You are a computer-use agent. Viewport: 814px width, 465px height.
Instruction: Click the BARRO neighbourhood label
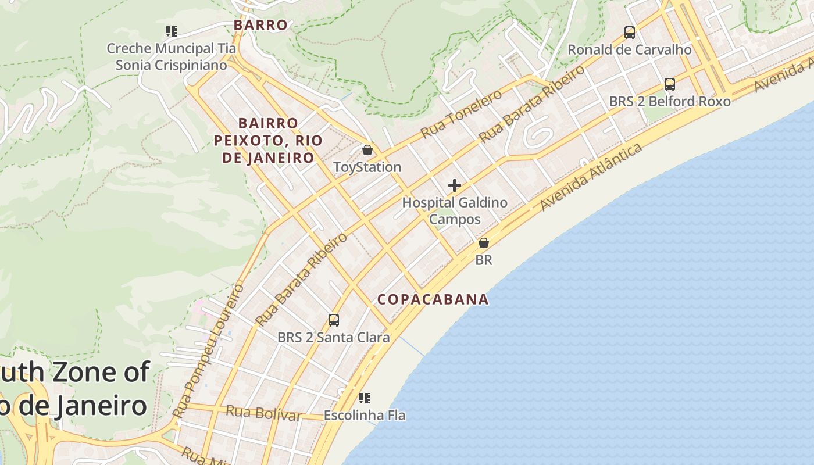(260, 25)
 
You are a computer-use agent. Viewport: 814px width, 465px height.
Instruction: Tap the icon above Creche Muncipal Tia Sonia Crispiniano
(171, 31)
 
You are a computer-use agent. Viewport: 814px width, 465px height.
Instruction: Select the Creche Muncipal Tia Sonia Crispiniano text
(171, 56)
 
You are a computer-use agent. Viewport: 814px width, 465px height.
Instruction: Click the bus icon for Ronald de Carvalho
(629, 33)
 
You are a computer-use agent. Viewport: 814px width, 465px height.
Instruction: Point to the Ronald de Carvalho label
(629, 50)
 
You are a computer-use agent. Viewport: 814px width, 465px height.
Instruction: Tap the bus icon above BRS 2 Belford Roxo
(669, 84)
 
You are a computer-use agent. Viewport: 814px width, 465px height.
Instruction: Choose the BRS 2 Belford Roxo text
(669, 102)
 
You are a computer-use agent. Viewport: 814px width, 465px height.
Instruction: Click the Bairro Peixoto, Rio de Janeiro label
(268, 140)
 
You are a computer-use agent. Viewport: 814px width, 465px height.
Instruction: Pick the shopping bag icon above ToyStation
(367, 150)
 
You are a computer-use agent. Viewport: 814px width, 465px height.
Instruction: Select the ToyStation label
(367, 167)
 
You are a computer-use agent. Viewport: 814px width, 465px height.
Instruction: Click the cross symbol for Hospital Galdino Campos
(455, 186)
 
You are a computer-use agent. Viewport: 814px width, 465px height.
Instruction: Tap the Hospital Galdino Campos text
(455, 211)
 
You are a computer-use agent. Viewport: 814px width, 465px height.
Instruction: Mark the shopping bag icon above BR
(483, 243)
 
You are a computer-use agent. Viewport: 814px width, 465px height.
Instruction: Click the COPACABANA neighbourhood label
(433, 299)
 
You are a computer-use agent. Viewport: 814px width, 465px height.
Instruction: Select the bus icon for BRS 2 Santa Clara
(333, 320)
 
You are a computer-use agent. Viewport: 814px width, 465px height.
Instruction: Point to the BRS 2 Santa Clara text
(333, 338)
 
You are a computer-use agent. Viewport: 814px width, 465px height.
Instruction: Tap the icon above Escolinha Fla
(365, 398)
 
